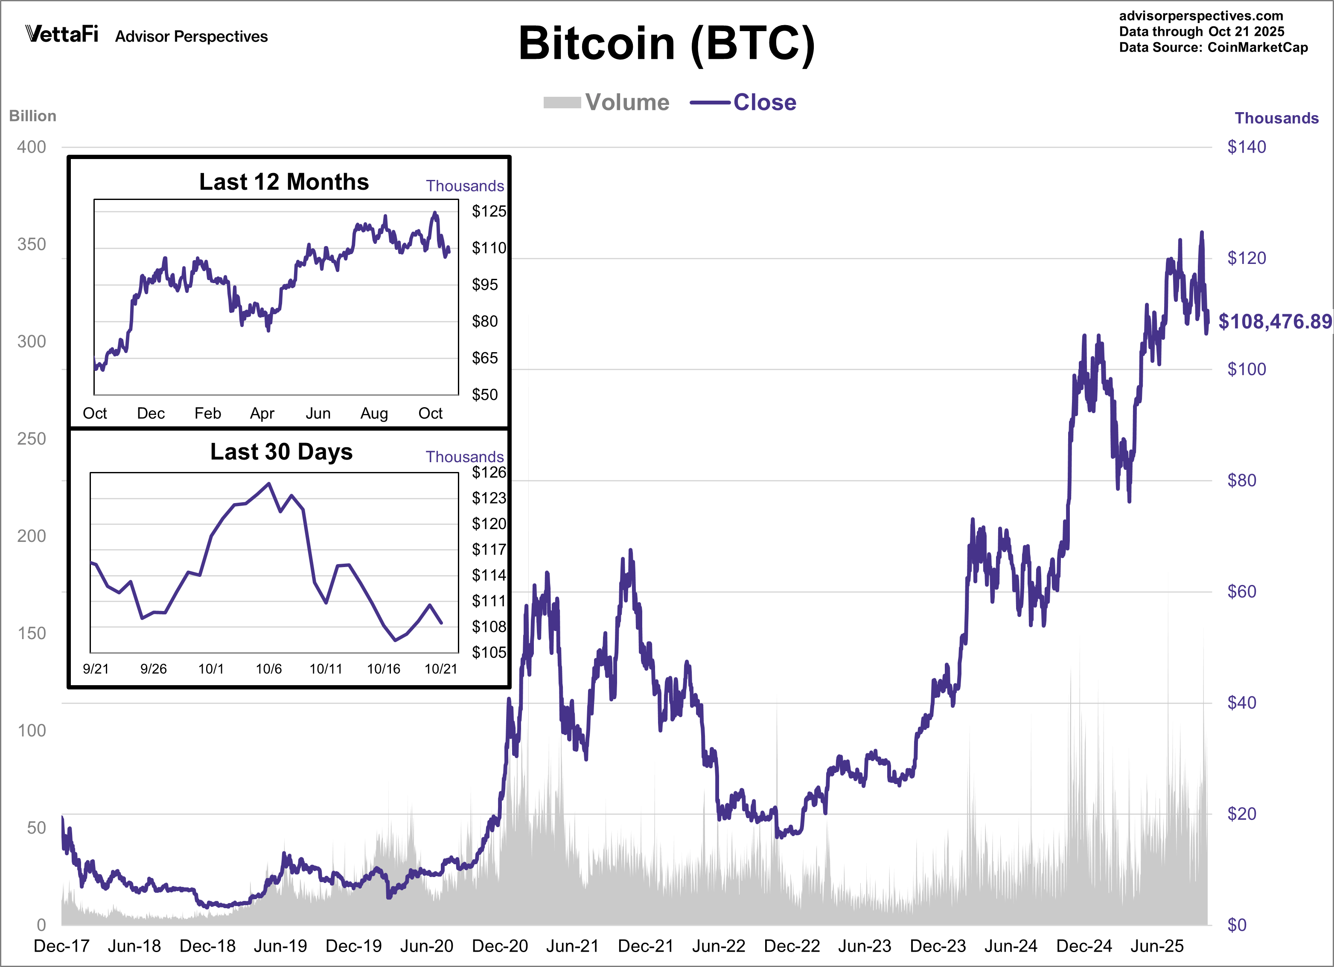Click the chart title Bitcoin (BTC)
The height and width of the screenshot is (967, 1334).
tap(667, 43)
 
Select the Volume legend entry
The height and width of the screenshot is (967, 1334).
tap(607, 102)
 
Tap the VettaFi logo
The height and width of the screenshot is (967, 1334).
tap(62, 34)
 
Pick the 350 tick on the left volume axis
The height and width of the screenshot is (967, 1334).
tap(32, 245)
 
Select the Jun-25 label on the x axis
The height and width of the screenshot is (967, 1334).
tap(1156, 946)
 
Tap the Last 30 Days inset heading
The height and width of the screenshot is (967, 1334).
tap(281, 452)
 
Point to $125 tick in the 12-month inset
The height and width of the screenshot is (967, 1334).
tap(488, 211)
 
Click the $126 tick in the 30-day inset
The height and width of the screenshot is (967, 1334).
tap(488, 472)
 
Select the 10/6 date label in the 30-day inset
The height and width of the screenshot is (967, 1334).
tap(268, 669)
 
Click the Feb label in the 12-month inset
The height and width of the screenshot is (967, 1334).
tap(208, 413)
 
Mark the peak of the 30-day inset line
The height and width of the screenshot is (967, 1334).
tap(269, 484)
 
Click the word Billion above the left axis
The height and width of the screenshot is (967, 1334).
tap(32, 116)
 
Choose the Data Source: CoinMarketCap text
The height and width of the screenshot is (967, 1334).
tap(1213, 48)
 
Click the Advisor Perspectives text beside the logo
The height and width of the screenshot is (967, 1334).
tap(191, 36)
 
